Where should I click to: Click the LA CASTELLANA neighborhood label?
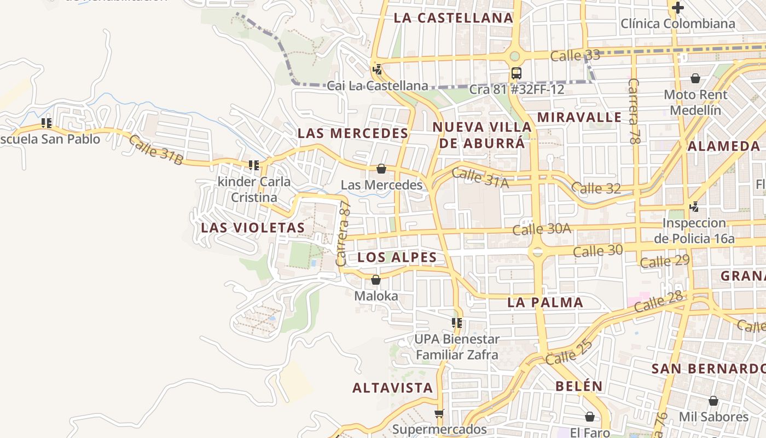point(454,18)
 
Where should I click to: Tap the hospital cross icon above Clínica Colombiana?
point(678,8)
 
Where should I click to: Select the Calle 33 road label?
point(575,55)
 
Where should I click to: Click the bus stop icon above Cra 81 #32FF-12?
point(516,73)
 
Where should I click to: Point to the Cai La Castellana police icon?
point(377,70)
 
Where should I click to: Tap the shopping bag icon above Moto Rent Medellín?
point(695,78)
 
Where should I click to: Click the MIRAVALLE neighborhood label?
point(579,117)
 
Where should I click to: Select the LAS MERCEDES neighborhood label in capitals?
point(353,133)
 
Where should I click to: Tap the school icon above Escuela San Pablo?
point(47,123)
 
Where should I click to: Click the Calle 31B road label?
point(156,149)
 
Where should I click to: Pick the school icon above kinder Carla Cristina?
point(253,165)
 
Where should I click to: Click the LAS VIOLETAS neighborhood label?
point(253,228)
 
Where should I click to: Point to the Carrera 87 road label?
point(344,233)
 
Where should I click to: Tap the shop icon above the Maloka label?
point(376,280)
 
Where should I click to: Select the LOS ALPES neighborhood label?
point(397,257)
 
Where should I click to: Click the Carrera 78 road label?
point(634,111)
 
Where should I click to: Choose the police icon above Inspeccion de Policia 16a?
point(694,207)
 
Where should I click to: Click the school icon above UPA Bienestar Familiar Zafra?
point(457,323)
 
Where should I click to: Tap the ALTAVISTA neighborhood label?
point(392,388)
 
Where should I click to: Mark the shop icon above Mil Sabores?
point(713,401)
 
